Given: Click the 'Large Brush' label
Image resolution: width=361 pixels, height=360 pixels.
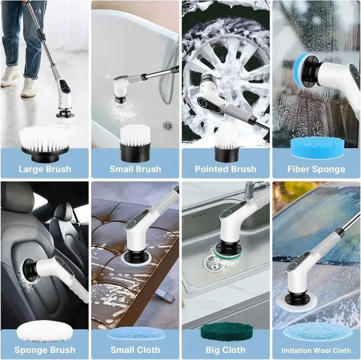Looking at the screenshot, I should click(x=45, y=170).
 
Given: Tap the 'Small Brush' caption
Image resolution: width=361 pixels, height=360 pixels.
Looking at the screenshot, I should click(x=135, y=170).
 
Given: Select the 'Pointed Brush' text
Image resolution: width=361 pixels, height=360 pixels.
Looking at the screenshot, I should click(x=226, y=170).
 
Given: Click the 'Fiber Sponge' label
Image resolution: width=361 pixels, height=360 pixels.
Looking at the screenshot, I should click(x=316, y=170).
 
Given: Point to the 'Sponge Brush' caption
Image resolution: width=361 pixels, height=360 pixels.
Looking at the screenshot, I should click(x=45, y=350).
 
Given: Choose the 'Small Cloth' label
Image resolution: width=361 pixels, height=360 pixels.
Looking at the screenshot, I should click(x=135, y=350).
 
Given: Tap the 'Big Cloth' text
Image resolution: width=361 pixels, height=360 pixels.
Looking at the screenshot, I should click(x=226, y=350).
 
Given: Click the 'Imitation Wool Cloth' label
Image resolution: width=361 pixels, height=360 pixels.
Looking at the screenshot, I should click(x=316, y=351).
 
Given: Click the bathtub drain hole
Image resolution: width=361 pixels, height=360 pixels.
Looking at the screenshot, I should click(x=167, y=125).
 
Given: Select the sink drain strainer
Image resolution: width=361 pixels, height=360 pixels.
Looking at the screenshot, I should click(x=210, y=261).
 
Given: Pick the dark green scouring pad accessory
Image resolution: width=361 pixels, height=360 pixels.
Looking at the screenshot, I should click(x=225, y=332).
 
